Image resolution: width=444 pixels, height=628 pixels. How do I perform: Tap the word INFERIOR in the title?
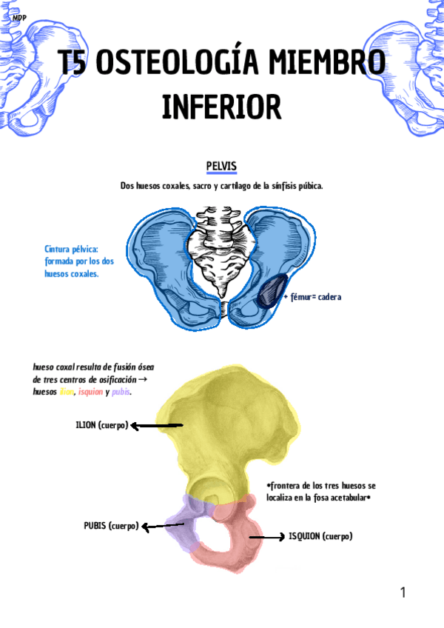point(221,107)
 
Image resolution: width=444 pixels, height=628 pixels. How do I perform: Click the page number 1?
point(403,592)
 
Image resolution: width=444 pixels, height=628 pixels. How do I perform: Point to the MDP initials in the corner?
point(19,16)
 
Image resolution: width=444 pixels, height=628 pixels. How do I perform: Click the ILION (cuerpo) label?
point(101,425)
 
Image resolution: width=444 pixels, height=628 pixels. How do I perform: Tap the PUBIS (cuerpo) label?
point(111,526)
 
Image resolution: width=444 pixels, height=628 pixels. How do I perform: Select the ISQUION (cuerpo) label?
point(320,536)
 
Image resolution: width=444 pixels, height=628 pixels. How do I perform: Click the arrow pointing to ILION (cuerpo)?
point(157,426)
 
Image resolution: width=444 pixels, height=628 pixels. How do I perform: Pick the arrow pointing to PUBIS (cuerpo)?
point(163,527)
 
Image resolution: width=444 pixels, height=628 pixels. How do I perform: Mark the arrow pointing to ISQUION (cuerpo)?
point(266,537)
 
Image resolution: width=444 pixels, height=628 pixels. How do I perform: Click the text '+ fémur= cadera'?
point(312,297)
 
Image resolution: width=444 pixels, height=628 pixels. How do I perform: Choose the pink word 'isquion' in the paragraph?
point(90,392)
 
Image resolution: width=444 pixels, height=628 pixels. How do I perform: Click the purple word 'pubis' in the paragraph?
point(121,392)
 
